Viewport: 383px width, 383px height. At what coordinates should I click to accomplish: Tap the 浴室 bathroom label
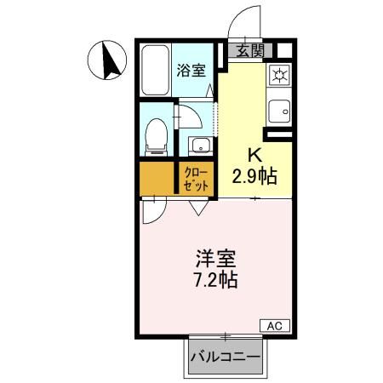coord(191,71)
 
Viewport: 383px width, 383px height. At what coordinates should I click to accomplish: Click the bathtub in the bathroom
coord(155,71)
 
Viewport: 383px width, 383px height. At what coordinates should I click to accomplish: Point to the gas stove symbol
coord(279,75)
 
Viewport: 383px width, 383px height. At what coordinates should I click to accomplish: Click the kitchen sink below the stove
coord(279,111)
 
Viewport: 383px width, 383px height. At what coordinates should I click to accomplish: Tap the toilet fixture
coord(156,135)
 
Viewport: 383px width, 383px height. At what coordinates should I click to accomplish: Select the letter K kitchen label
coord(254,155)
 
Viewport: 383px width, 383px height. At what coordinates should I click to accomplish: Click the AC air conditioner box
coord(274,324)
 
